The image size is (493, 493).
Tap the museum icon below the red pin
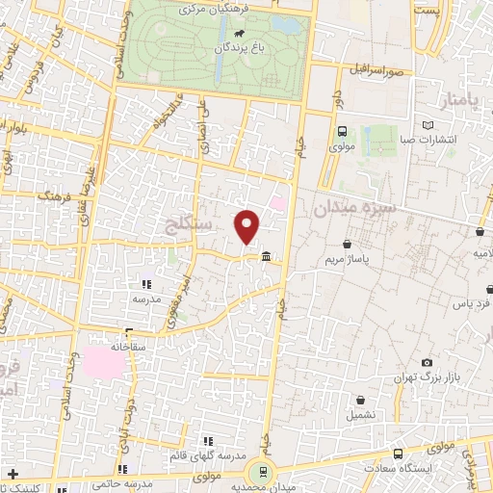tap(266, 255)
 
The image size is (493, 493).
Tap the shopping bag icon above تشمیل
tap(360, 400)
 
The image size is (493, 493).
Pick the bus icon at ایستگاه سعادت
tap(398, 454)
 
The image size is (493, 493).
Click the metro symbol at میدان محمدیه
tap(258, 471)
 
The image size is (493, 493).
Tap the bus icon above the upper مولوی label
tap(342, 132)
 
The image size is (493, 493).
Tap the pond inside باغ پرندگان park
tap(282, 24)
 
